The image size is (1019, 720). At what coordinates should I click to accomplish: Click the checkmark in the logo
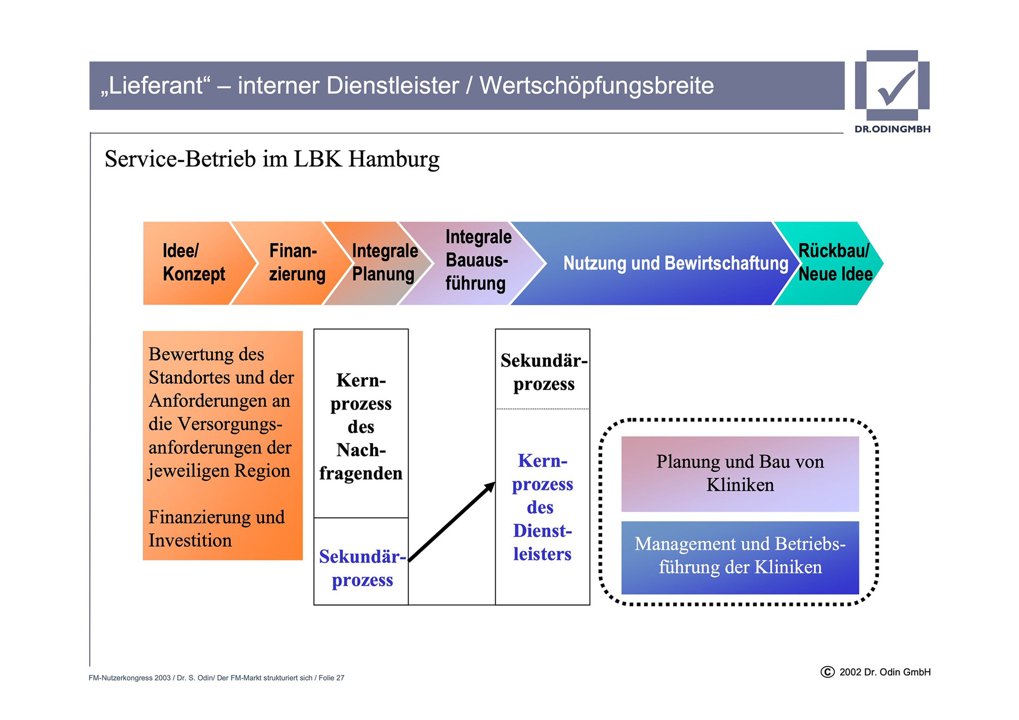(896, 87)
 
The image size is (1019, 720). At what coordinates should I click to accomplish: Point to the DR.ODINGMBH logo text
(892, 129)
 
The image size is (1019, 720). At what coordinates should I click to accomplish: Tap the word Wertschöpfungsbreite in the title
(597, 86)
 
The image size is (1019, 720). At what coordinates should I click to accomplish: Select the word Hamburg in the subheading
(394, 159)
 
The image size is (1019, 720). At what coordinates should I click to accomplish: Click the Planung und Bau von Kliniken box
(740, 473)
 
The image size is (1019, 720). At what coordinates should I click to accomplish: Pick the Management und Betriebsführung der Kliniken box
(740, 556)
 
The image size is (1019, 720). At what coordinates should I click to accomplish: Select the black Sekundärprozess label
(543, 372)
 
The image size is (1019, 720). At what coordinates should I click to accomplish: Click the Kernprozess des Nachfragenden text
(361, 427)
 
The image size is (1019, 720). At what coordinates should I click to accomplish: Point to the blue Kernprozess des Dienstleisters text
(542, 507)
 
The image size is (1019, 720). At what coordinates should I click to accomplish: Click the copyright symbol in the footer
(827, 672)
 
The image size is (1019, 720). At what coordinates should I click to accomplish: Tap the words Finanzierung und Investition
(217, 528)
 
